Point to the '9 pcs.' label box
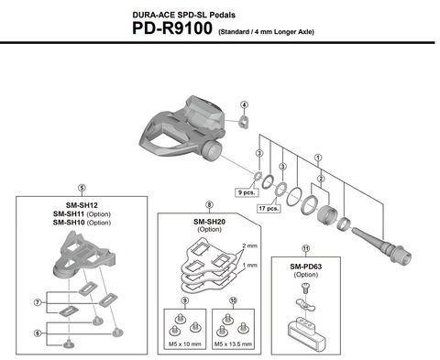246,193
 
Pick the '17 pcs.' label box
269,208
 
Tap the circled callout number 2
320,178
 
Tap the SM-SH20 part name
211,220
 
